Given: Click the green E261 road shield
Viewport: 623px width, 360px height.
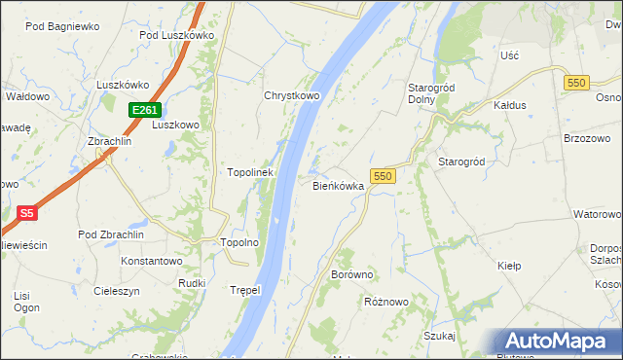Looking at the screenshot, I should point(144,110).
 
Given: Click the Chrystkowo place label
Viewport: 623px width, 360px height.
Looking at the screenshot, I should point(292,96).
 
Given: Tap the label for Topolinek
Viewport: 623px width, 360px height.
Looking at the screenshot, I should point(250,172).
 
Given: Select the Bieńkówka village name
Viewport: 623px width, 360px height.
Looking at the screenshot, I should point(338,185).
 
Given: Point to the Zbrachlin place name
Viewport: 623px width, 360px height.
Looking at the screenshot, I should point(110,141).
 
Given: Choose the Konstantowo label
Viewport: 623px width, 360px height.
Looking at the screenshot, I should point(151,262).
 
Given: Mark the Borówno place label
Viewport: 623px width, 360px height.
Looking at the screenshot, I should point(352,275).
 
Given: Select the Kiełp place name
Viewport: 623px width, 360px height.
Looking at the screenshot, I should point(509,265).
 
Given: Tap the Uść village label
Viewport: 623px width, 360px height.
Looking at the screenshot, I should point(509,56).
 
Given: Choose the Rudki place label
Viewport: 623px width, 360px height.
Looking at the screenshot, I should point(191,283).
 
